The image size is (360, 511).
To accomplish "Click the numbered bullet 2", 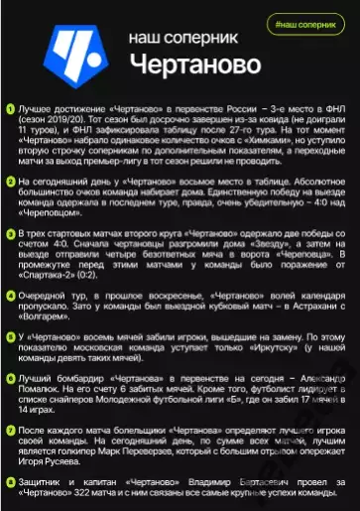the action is coord(10,182).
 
